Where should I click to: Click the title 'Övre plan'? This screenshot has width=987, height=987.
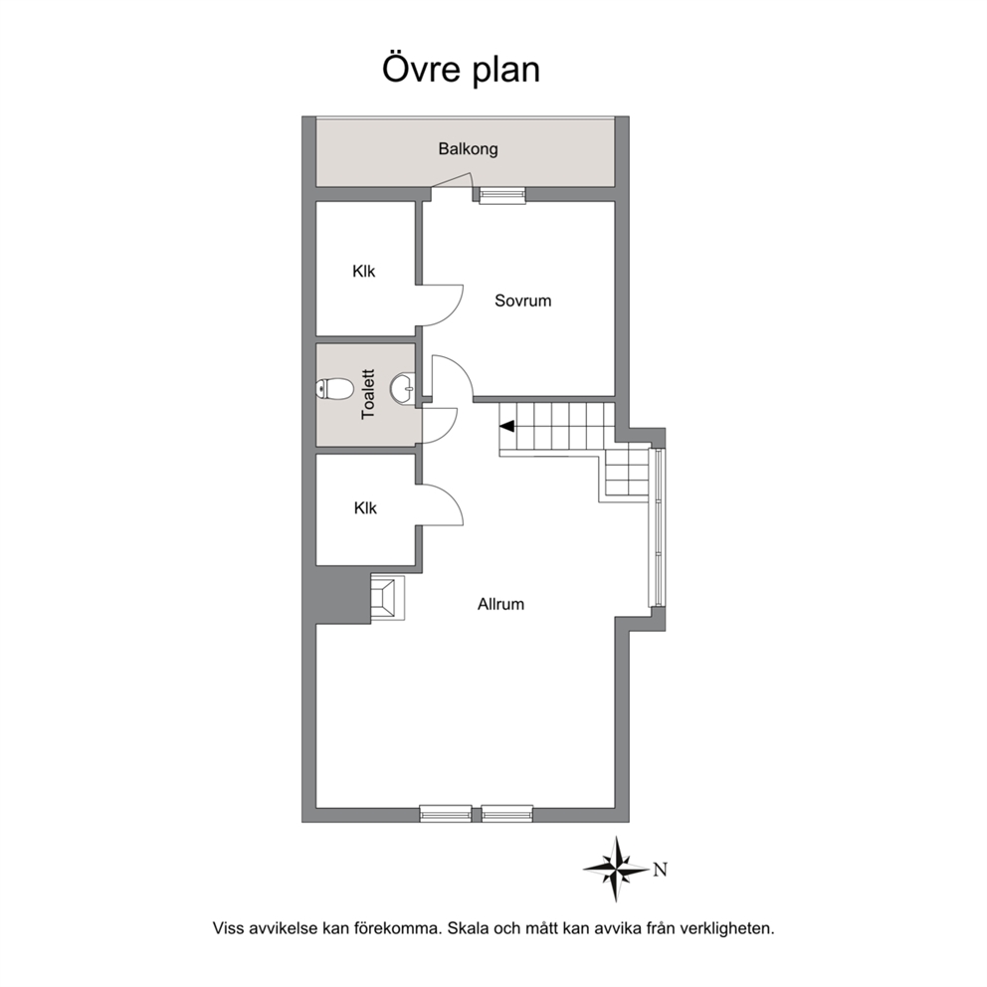(461, 69)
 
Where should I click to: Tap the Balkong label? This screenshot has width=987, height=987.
(468, 149)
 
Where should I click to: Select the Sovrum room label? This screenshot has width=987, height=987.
(522, 300)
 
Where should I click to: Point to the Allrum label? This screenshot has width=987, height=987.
(500, 604)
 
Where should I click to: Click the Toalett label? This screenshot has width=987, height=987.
(368, 394)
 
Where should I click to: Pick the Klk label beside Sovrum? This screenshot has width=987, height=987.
(364, 272)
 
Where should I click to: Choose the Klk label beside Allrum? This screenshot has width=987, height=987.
(365, 508)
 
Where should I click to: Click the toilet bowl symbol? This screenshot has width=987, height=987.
(334, 389)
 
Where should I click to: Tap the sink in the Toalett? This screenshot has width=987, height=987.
(403, 388)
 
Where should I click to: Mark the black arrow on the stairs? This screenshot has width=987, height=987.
(507, 427)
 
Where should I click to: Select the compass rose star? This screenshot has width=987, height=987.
(616, 869)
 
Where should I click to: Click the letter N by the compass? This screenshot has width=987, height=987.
(660, 870)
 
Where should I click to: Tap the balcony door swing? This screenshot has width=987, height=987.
(452, 181)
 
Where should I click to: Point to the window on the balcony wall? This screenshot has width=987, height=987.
(502, 195)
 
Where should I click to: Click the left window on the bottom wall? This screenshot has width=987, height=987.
(446, 813)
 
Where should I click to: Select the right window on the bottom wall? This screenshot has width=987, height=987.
(507, 813)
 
